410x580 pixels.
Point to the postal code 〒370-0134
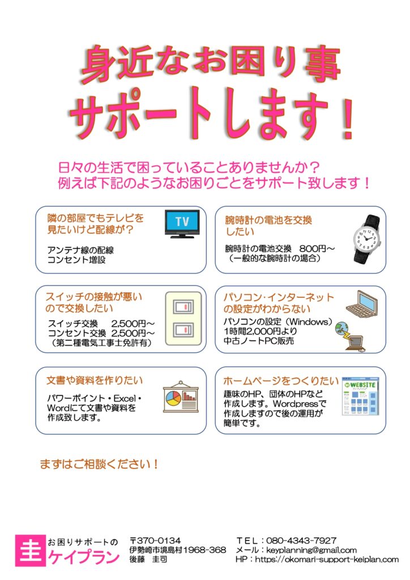[x=155, y=540]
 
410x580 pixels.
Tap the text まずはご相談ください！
[x=99, y=464]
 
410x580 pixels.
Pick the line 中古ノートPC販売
[x=258, y=341]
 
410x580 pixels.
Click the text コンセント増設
[x=76, y=260]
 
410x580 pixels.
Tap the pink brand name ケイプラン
[x=83, y=557]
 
